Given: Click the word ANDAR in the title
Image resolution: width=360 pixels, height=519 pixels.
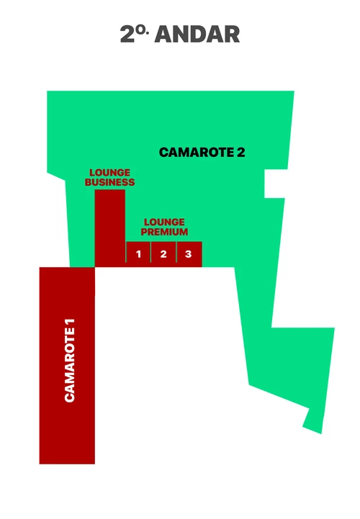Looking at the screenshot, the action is [197, 34].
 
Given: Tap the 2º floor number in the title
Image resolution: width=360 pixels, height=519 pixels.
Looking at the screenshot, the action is [133, 33].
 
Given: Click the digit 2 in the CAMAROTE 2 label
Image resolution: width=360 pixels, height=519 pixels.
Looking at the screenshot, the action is [240, 153].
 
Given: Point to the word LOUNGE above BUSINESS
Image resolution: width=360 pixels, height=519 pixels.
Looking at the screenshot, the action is [109, 173].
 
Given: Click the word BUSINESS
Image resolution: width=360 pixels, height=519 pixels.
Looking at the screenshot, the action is [109, 182].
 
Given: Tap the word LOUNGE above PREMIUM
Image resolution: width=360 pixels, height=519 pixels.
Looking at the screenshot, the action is [164, 222].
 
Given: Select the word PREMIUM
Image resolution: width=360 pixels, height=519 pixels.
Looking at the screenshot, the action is [164, 232].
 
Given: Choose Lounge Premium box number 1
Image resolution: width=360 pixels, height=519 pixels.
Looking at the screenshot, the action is [138, 254].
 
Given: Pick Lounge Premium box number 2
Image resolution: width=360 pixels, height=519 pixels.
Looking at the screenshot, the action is [163, 254].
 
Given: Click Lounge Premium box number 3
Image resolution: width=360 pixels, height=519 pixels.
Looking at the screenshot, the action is [189, 254].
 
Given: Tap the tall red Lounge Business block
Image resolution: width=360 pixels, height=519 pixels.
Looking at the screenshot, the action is [109, 228].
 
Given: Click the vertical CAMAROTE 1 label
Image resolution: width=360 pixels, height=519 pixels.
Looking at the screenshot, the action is [70, 361].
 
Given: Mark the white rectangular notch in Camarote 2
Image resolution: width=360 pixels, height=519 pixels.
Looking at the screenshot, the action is [274, 184].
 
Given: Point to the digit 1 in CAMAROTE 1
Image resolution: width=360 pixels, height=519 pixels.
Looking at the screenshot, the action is [70, 322].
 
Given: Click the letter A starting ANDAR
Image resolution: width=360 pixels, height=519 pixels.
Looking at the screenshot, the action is [163, 34].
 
